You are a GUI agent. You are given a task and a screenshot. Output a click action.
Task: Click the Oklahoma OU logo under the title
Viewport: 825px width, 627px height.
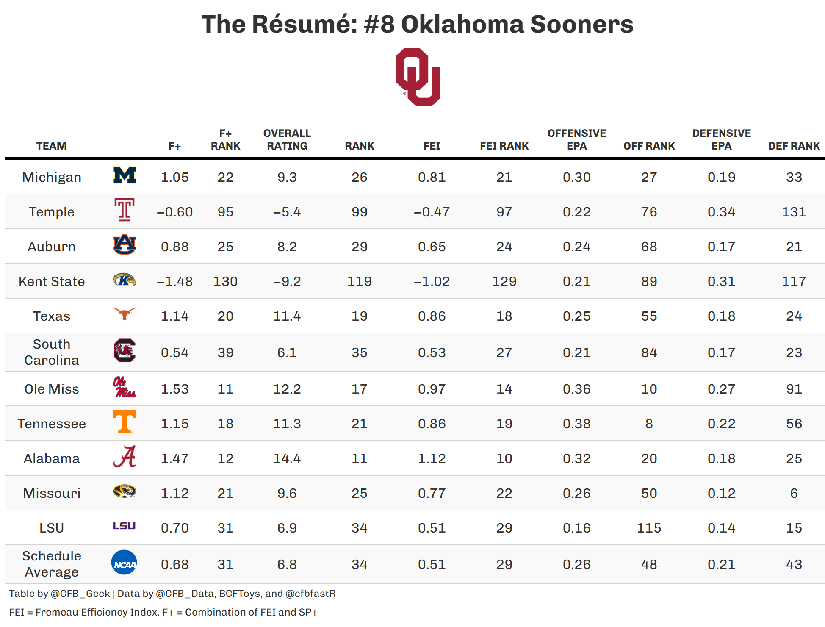tap(418, 77)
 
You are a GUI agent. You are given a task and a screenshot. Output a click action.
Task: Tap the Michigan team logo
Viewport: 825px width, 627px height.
tap(125, 175)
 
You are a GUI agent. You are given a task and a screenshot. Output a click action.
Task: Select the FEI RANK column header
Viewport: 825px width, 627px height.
tap(504, 146)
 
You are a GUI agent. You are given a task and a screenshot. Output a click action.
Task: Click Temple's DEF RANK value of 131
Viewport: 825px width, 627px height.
tap(794, 212)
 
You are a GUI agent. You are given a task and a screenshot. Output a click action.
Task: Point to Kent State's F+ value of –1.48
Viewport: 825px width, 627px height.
tap(174, 281)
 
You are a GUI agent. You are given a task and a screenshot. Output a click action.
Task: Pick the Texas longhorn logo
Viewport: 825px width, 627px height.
tap(125, 314)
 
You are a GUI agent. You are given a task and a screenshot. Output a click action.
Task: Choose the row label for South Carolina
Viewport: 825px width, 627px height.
tap(52, 352)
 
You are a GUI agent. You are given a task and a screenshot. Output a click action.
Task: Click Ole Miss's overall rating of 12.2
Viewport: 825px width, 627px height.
tap(287, 389)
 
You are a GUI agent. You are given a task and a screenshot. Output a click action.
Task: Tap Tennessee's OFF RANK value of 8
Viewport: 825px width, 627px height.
tap(649, 424)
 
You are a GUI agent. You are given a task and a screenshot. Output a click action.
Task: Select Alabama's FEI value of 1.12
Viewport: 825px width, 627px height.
tap(432, 458)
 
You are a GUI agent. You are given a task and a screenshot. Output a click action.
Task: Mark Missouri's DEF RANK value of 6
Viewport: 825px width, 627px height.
tap(794, 493)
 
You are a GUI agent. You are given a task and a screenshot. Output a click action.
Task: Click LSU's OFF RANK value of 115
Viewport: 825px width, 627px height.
tap(649, 528)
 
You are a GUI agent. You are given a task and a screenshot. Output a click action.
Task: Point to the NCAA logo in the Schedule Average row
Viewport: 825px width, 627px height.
tap(124, 563)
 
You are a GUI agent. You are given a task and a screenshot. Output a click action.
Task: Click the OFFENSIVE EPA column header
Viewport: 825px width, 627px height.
tap(576, 140)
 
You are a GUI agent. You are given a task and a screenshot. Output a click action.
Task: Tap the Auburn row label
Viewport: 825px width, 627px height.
tap(52, 247)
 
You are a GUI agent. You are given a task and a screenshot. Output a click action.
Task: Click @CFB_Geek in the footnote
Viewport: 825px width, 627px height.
tap(80, 594)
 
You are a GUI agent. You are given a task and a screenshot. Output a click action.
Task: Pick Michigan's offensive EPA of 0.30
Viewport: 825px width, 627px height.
tap(576, 177)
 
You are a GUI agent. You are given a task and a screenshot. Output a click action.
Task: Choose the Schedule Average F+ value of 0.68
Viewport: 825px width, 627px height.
tap(174, 564)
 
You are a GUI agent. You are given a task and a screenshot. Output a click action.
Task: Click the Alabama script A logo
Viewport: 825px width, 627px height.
tap(125, 457)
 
